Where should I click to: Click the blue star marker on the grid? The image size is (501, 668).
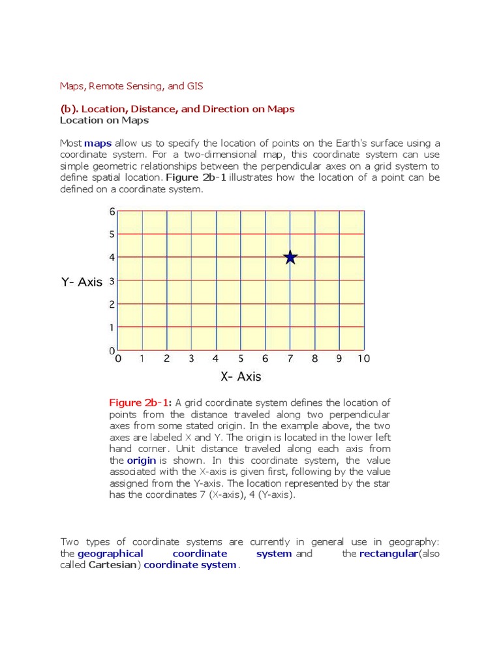point(290,258)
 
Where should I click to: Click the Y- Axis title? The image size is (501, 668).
point(82,282)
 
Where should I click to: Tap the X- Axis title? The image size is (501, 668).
point(241,376)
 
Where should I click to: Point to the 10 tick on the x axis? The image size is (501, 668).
point(363,358)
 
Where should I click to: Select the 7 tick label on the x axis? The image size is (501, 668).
point(290,358)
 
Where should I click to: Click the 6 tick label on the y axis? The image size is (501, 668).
point(112,211)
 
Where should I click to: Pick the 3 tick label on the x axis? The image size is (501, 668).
point(191,358)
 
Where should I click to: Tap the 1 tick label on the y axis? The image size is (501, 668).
point(112,327)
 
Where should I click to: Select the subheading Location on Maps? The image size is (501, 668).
point(104,120)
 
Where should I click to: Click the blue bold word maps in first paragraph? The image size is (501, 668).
point(98,143)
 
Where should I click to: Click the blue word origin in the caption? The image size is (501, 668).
point(141,461)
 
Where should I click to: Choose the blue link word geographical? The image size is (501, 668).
point(110,553)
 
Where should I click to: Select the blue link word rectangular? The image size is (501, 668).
point(388,553)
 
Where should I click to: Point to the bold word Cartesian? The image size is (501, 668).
point(112,565)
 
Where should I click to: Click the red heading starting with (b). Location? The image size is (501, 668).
point(177,109)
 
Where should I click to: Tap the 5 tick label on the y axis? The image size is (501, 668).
point(112,234)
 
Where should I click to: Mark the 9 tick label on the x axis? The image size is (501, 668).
point(339,358)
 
